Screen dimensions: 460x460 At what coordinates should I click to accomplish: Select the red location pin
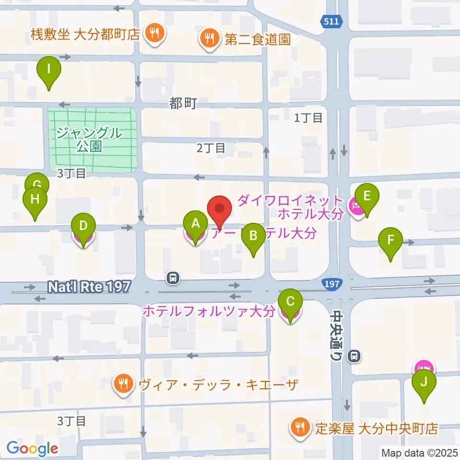point(220,209)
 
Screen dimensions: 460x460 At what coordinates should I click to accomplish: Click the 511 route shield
point(330,22)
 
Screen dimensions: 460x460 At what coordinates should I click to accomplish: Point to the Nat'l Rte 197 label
point(89,287)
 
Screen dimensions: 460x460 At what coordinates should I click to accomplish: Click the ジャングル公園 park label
point(89,139)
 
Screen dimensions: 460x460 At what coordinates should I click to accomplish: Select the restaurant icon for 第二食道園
point(209,38)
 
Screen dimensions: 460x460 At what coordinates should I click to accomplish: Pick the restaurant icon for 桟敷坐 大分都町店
point(155,34)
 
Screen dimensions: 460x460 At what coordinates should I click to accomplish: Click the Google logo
point(32,448)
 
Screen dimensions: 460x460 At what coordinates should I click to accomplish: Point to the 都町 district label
point(183,103)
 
